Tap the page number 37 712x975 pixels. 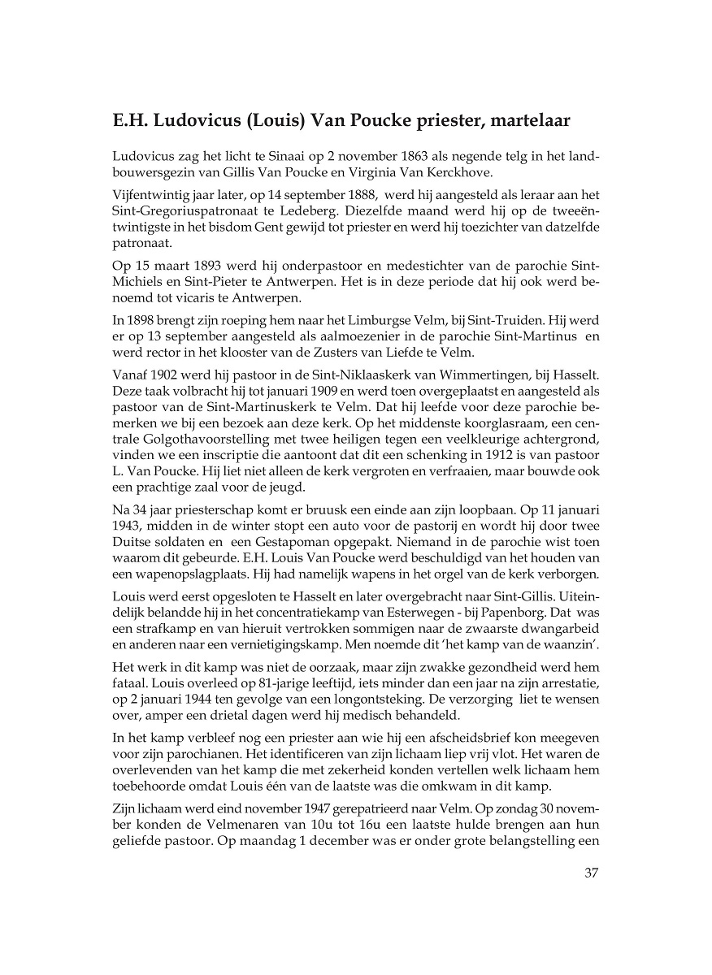(x=591, y=873)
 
